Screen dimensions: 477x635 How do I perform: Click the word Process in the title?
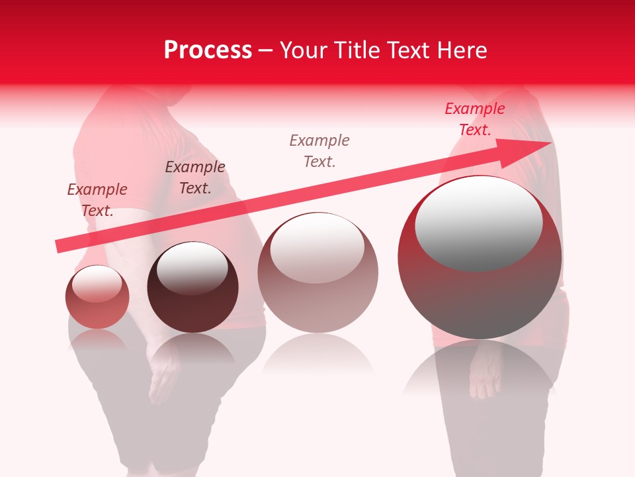(x=208, y=50)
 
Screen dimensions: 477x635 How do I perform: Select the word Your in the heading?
(x=304, y=50)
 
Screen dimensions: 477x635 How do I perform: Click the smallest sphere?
(x=97, y=297)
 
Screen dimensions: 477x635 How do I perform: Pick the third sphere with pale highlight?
(x=317, y=273)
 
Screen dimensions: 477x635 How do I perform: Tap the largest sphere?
(x=480, y=258)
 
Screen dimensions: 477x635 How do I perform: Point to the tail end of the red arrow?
(x=58, y=246)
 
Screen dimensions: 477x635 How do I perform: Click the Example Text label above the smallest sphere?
(x=97, y=199)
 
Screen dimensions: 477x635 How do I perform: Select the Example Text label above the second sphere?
(x=195, y=177)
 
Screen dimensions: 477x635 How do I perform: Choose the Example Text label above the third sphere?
(x=319, y=150)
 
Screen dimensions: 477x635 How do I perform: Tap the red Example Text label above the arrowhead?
(x=475, y=119)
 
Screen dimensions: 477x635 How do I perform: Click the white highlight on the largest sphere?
(x=478, y=222)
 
